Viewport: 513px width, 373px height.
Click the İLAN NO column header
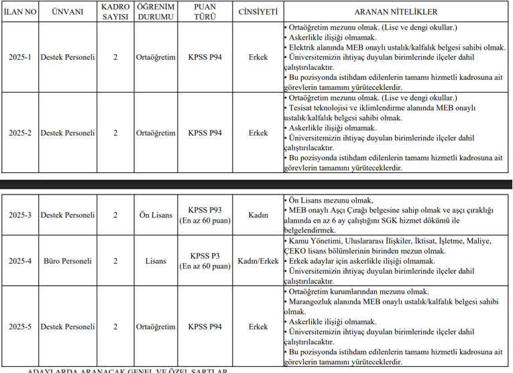tap(20, 12)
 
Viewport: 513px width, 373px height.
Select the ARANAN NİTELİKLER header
tap(395, 12)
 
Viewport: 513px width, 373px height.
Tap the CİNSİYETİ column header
tap(258, 12)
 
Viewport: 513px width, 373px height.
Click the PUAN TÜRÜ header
tap(205, 12)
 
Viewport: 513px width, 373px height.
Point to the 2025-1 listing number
tap(20, 58)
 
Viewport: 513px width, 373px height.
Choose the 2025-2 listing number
tap(20, 133)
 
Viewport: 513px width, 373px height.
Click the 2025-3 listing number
tap(20, 215)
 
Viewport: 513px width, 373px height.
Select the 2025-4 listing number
tap(20, 260)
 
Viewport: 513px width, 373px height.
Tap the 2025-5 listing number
tap(20, 327)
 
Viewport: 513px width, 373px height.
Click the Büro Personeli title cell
tap(68, 260)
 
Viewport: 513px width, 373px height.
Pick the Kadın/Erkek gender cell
tap(258, 260)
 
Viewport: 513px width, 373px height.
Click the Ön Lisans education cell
tap(156, 215)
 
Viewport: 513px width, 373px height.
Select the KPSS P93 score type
tap(205, 210)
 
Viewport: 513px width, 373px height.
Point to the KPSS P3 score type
tap(205, 256)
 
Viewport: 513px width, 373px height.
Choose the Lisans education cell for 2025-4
tap(156, 260)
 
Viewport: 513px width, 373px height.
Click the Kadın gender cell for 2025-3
tap(258, 215)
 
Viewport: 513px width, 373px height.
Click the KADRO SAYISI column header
tap(115, 12)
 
